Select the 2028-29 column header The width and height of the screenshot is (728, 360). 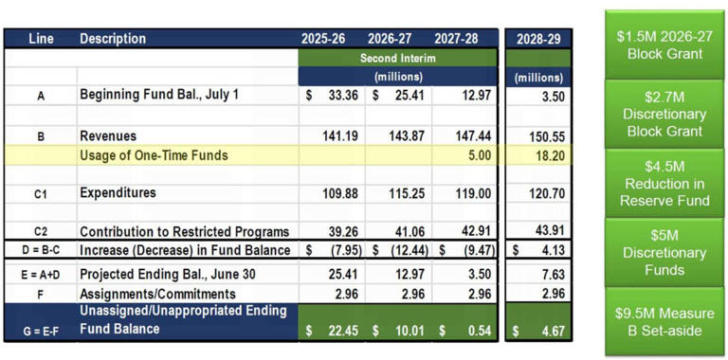[538, 39]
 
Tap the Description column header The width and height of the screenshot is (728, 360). [114, 39]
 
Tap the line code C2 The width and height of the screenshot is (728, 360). [41, 232]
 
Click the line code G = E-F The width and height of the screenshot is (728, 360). [41, 330]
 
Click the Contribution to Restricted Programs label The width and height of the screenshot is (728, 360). [184, 232]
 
